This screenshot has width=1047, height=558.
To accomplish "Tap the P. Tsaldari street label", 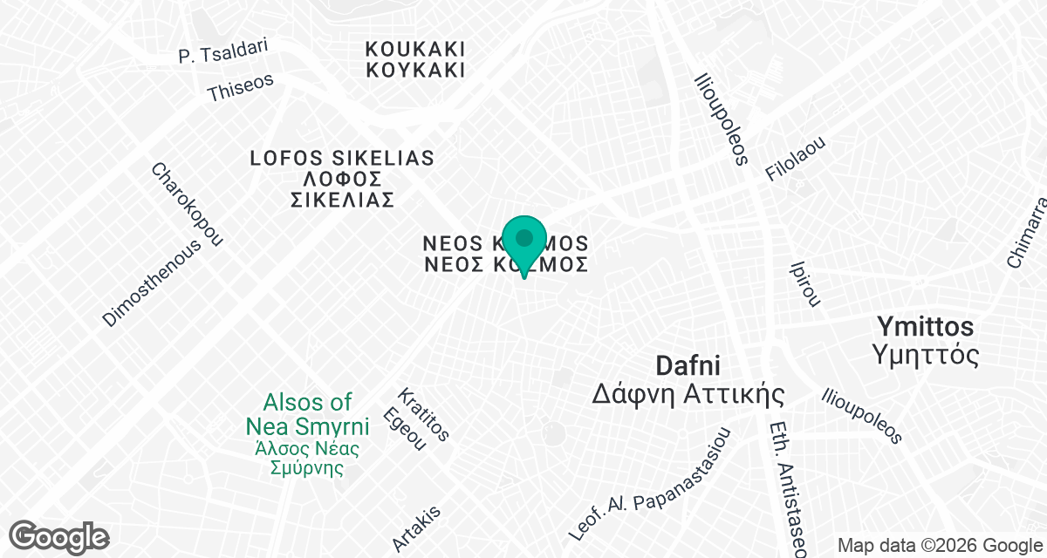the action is pos(222,51).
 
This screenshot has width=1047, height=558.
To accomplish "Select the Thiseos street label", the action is pos(240,87).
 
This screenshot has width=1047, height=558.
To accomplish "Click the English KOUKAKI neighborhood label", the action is pos(415,49).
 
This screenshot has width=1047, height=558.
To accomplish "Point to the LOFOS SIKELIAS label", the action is pos(342,159).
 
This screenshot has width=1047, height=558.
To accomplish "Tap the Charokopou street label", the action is pos(188,204).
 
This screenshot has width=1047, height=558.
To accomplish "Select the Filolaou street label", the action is pos(795,159).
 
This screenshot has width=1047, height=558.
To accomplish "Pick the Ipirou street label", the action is pos(804,282).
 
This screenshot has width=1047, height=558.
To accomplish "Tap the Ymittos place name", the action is pos(925,328).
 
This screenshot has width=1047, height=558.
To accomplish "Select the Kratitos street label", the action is pos(423,415).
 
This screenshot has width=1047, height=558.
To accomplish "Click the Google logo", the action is pos(59,535).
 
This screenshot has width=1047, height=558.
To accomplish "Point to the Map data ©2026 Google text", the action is pos(939,546).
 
